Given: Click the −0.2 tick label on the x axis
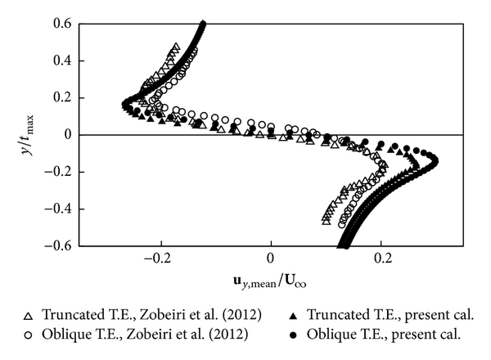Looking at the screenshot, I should pyautogui.click(x=160, y=259).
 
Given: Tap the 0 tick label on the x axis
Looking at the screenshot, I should pyautogui.click(x=271, y=259).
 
